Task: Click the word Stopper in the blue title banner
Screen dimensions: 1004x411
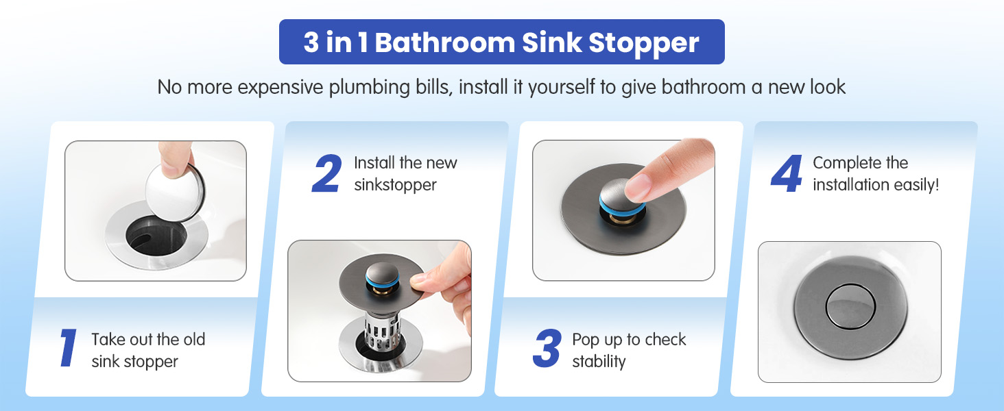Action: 644,43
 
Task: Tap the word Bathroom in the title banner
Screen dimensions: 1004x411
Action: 444,42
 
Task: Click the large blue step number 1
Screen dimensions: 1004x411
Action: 68,348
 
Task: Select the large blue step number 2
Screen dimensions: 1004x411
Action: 326,174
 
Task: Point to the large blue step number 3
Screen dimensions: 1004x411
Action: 547,348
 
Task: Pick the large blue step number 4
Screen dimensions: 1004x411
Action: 786,174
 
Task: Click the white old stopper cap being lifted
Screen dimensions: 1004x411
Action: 175,192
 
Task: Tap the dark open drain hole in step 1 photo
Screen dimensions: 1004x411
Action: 156,236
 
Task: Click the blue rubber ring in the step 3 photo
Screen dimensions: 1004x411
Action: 622,207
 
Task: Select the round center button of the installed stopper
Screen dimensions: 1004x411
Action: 850,307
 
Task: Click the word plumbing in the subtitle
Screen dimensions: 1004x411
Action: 370,87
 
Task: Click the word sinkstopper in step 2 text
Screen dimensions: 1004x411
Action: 395,185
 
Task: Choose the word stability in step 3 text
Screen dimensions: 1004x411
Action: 599,361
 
